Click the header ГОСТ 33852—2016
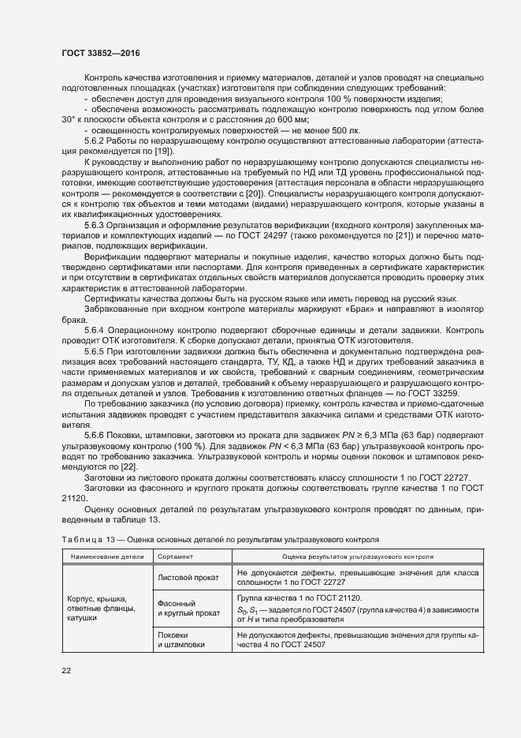click(102, 54)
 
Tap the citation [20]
click(255, 193)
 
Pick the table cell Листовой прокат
click(188, 577)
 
